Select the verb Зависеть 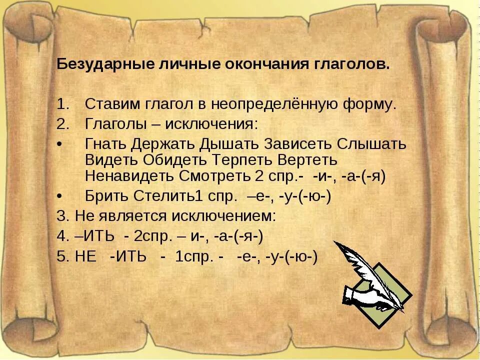point(291,144)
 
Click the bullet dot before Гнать point(60,144)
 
